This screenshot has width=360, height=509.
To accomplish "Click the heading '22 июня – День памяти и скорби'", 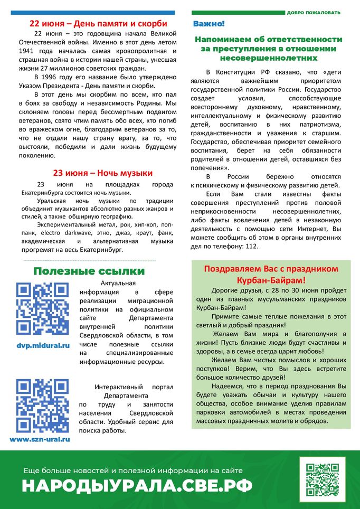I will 99,24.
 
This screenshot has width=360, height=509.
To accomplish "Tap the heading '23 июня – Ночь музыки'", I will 103,173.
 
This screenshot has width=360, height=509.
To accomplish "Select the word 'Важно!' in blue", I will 209,24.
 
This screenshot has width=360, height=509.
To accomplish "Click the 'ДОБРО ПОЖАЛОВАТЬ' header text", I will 314,12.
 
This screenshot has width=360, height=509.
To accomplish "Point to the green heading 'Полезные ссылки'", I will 89,271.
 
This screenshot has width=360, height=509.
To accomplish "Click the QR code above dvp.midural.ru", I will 42,309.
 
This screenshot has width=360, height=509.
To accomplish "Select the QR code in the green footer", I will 322,479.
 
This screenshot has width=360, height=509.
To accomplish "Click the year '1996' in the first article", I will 52,78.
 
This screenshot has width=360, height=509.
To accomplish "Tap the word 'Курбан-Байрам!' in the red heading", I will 272,279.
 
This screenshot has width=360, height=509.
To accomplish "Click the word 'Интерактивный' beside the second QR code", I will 119,387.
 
